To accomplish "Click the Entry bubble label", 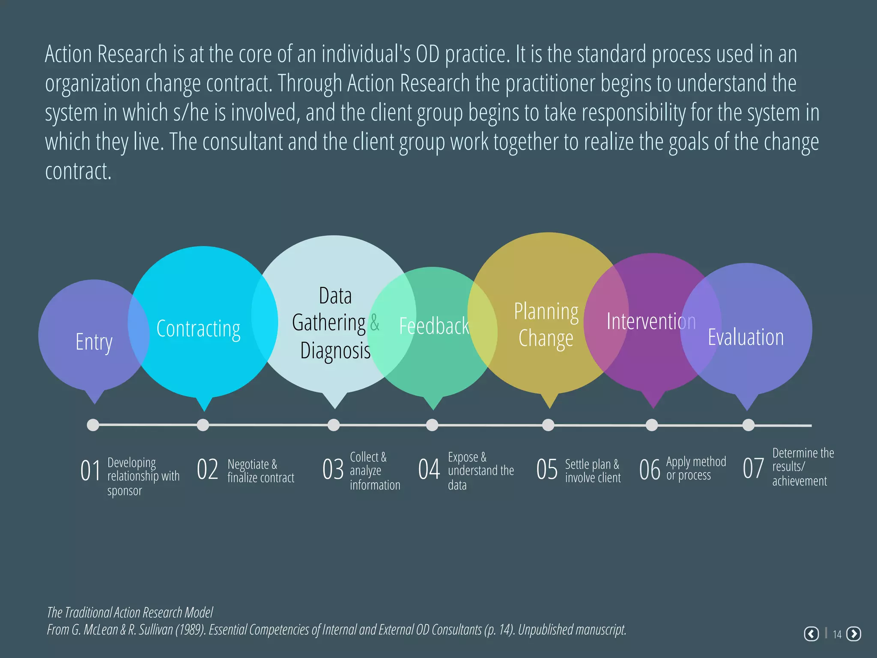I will [94, 342].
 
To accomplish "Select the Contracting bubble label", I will [198, 329].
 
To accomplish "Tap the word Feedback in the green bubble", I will [434, 326].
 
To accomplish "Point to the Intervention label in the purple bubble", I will [651, 321].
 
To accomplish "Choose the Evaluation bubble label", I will [746, 337].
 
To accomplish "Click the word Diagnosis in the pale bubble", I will [335, 350].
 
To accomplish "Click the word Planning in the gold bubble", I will [546, 311].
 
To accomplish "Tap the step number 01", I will [90, 470].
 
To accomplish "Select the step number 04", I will [429, 469].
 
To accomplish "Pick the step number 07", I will [753, 468].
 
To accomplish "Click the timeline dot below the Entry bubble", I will [93, 425].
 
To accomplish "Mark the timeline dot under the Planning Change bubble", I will [548, 425].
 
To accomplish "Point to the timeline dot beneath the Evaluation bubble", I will [748, 425].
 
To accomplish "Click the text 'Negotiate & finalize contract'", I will [260, 471].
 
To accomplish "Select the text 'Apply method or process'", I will [696, 468].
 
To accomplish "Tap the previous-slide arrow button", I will [811, 634].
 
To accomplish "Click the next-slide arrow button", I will [854, 634].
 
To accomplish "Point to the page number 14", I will [837, 634].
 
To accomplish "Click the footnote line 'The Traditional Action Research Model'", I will [130, 613].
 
